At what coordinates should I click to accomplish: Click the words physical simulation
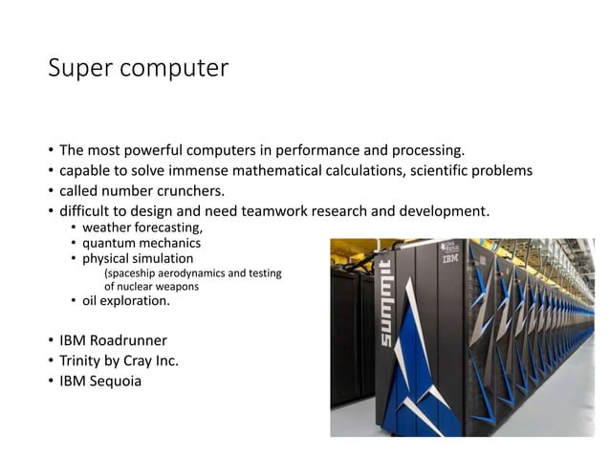(137, 258)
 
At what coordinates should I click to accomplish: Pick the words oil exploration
(125, 301)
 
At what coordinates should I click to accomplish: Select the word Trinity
(81, 361)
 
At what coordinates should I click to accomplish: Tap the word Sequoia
(114, 382)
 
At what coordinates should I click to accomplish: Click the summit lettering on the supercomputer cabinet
(385, 303)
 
